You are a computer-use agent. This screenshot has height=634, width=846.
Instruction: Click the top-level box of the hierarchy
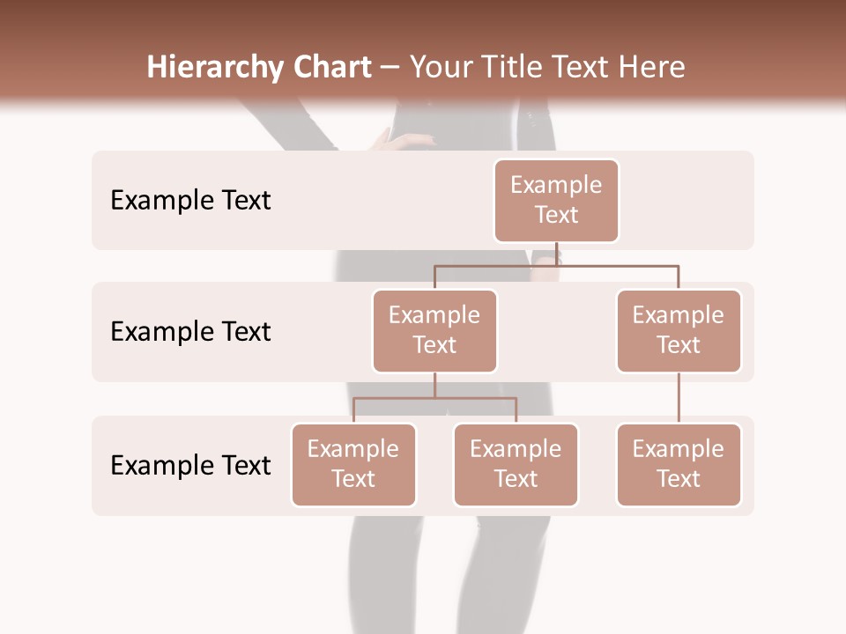(556, 200)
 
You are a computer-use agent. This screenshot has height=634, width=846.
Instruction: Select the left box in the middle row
(434, 330)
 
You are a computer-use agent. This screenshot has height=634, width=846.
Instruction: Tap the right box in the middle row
(679, 330)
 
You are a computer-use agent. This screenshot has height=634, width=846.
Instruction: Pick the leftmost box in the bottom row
(353, 464)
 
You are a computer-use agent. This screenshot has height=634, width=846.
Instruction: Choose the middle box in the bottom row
(516, 464)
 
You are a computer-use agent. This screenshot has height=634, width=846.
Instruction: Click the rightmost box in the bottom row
(679, 464)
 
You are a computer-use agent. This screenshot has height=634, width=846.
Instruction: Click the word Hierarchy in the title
(214, 67)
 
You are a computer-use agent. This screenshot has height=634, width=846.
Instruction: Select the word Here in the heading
(653, 67)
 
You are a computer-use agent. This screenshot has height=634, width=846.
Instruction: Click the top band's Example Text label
(190, 200)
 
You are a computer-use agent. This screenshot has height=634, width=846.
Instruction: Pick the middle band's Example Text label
(190, 331)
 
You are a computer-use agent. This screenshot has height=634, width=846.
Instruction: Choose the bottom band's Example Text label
(190, 465)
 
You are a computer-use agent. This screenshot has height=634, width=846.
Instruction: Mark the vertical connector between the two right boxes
(679, 397)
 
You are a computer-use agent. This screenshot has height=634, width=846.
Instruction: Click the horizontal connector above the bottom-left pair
(434, 398)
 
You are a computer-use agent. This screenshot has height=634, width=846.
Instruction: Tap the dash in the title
(390, 68)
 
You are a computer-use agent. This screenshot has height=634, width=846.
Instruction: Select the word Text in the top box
(556, 215)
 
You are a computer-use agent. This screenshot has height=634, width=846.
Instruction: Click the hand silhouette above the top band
(401, 140)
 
